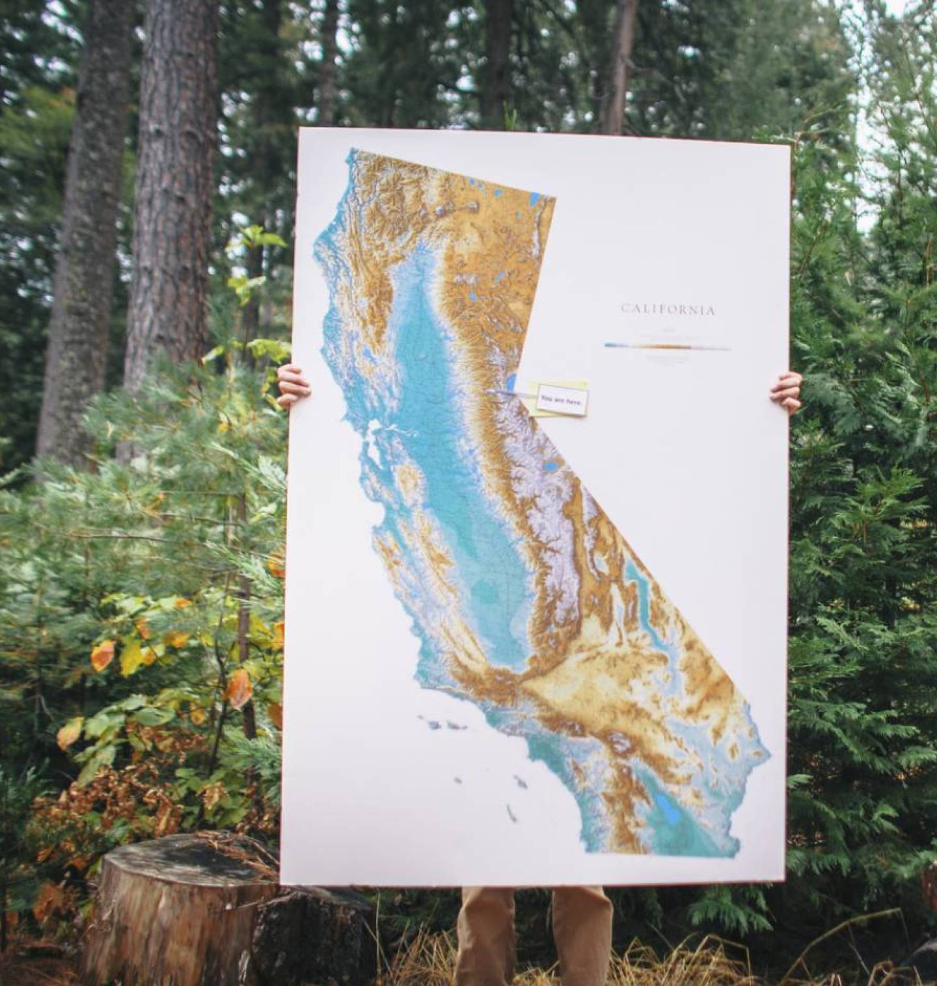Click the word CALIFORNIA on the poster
click(x=668, y=310)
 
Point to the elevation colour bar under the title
click(x=667, y=347)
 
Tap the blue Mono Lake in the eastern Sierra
click(x=550, y=467)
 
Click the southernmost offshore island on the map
click(x=511, y=810)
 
